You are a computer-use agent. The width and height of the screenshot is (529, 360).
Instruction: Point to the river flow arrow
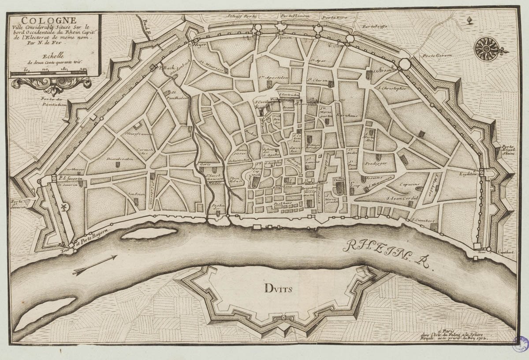pyautogui.click(x=95, y=265)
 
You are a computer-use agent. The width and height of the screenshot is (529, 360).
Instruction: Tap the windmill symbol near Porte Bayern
pyautogui.click(x=63, y=207)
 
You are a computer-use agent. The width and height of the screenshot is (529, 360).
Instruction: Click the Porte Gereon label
pyautogui.click(x=435, y=56)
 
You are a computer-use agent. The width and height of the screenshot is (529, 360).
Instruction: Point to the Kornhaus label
pyautogui.click(x=343, y=114)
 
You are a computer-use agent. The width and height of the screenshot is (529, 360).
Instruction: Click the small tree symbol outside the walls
pyautogui.click(x=470, y=20)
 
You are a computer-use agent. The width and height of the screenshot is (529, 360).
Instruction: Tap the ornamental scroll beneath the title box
pyautogui.click(x=52, y=85)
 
